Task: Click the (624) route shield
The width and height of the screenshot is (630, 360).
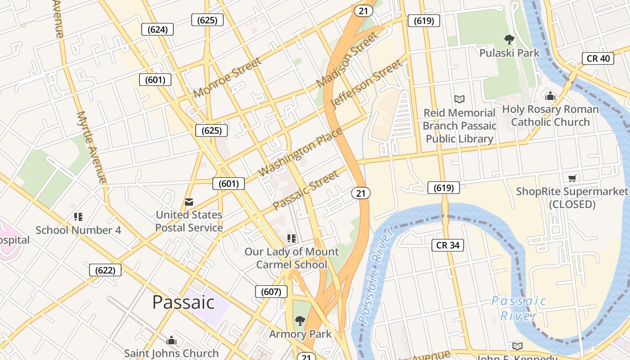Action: point(157,30)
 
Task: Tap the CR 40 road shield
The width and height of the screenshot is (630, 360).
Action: point(598,58)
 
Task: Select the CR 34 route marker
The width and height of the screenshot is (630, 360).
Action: point(448,245)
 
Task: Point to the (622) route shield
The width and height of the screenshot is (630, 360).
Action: point(105,270)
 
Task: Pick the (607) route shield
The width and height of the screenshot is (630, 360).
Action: point(271,292)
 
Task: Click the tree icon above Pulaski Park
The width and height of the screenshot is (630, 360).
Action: point(509,40)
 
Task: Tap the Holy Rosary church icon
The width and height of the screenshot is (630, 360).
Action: point(550,96)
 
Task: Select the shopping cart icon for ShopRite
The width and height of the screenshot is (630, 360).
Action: point(572,178)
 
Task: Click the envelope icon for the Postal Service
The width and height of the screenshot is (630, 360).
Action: point(189,202)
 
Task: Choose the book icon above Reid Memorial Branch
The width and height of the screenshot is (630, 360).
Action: point(459,99)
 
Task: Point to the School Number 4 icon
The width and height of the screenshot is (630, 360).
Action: point(78,217)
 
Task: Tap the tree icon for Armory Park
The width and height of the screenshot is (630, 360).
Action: point(300,321)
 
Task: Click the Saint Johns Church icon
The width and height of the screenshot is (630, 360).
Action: point(171,340)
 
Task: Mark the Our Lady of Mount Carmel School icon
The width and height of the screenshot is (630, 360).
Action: point(292,238)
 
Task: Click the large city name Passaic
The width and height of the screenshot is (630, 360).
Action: point(183,302)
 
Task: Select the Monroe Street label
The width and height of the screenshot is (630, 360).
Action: point(227,77)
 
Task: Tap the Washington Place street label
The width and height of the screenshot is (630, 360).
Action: point(300,152)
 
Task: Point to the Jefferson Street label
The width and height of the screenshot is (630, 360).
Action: point(366,84)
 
